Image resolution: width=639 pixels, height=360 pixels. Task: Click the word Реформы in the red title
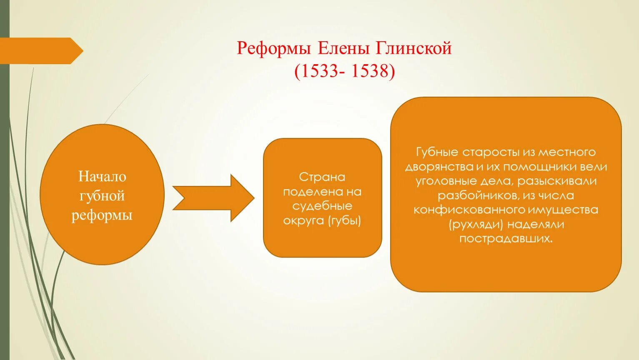[x=274, y=49]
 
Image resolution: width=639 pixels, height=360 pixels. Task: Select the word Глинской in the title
[x=414, y=49]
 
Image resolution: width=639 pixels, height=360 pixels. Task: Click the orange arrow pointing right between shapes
[x=213, y=198]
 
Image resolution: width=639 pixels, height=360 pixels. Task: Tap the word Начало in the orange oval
[x=102, y=177]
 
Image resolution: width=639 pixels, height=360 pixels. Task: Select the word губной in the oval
[x=102, y=196]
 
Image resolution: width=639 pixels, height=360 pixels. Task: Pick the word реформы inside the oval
[x=102, y=215]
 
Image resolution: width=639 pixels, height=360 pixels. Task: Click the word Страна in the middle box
[x=322, y=177]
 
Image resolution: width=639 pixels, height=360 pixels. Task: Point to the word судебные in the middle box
[x=322, y=206]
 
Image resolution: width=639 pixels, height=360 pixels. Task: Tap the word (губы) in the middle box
[x=344, y=220]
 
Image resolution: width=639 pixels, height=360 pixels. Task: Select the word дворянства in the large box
[x=439, y=167]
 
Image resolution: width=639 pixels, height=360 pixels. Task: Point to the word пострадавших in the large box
[x=506, y=239]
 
